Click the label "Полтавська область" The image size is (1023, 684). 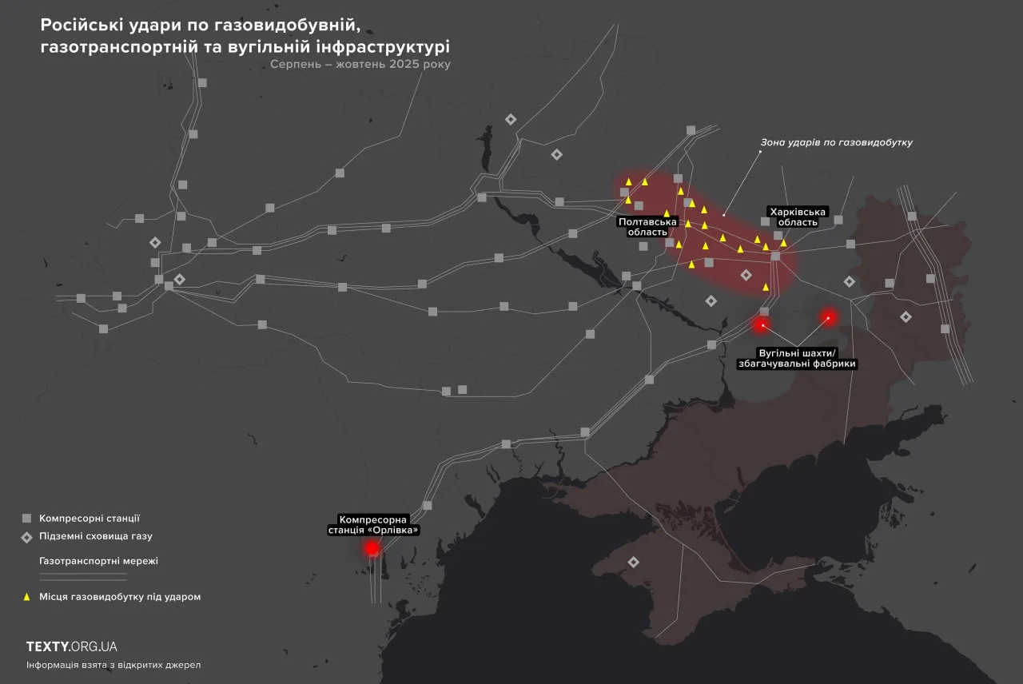point(647,226)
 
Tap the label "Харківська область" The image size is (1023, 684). point(794,217)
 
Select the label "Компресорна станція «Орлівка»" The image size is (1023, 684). point(373,524)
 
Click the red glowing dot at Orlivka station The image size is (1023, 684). point(372,548)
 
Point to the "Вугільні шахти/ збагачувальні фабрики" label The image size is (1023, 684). point(797,358)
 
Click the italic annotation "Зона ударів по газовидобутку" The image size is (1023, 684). point(836,142)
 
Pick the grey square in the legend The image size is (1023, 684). point(26,518)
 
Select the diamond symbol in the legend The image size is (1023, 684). point(26,537)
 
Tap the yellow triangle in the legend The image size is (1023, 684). point(26,596)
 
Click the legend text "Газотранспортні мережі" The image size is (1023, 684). point(98,561)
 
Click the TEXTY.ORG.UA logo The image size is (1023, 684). point(72,646)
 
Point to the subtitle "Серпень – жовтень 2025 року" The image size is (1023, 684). point(360,65)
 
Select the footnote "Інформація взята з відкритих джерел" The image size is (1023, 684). point(113,665)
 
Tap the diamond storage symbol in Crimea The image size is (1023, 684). point(634,563)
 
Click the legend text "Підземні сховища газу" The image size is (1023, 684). point(95,536)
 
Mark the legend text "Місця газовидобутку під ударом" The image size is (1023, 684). point(120,597)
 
